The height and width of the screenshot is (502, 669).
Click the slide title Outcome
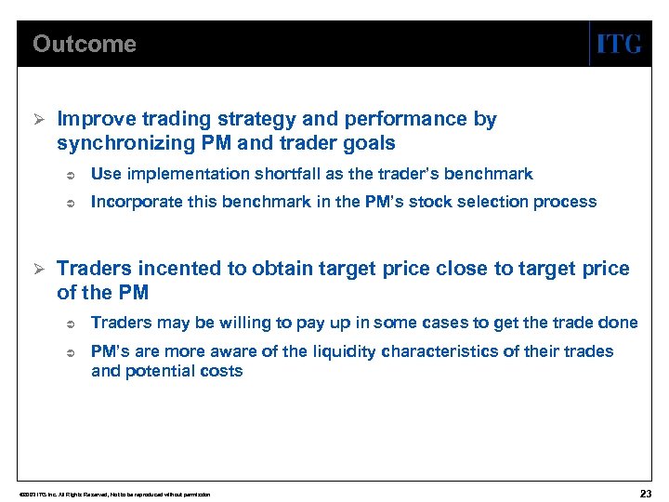click(x=84, y=44)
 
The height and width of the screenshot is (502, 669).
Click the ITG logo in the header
click(x=618, y=44)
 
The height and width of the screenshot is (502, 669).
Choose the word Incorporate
click(x=132, y=202)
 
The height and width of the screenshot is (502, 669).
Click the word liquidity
click(x=348, y=351)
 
